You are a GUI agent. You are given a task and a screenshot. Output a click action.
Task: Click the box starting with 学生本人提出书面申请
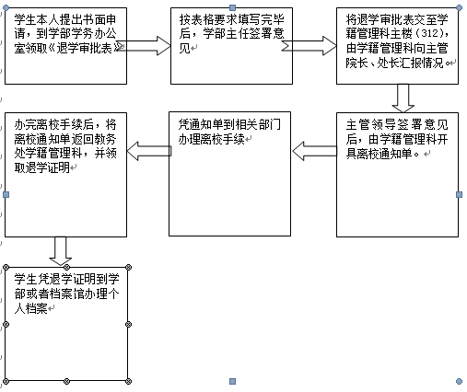coord(65,46)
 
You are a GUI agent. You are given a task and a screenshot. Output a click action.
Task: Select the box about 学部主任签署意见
coord(231,46)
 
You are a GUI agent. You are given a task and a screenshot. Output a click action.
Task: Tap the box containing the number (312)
coord(397,46)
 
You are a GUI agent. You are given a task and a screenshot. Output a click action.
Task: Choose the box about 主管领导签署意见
coord(397,175)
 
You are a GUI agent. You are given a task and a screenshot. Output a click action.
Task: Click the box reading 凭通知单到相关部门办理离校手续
coord(229,174)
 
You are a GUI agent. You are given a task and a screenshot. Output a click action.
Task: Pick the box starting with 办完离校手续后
coord(65,175)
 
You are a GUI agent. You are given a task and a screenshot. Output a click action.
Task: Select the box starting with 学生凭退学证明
coord(66,324)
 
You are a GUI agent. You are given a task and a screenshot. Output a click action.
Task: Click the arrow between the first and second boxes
coord(144,46)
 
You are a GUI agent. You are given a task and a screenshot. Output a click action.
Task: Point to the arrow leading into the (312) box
coord(309,46)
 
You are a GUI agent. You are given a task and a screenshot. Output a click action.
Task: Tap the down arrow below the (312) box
coord(403,98)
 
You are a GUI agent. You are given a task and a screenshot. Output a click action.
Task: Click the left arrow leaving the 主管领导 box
coord(314,151)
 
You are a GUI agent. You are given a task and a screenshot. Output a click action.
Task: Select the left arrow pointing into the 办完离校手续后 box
coord(149,151)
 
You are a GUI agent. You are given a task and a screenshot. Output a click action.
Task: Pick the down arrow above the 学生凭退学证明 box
coord(61,251)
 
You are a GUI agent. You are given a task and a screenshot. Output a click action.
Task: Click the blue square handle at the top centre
coord(233,7)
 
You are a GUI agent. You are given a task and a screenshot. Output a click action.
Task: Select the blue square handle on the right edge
coord(459,194)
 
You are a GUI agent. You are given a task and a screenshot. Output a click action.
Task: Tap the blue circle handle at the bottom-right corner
coord(459,381)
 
